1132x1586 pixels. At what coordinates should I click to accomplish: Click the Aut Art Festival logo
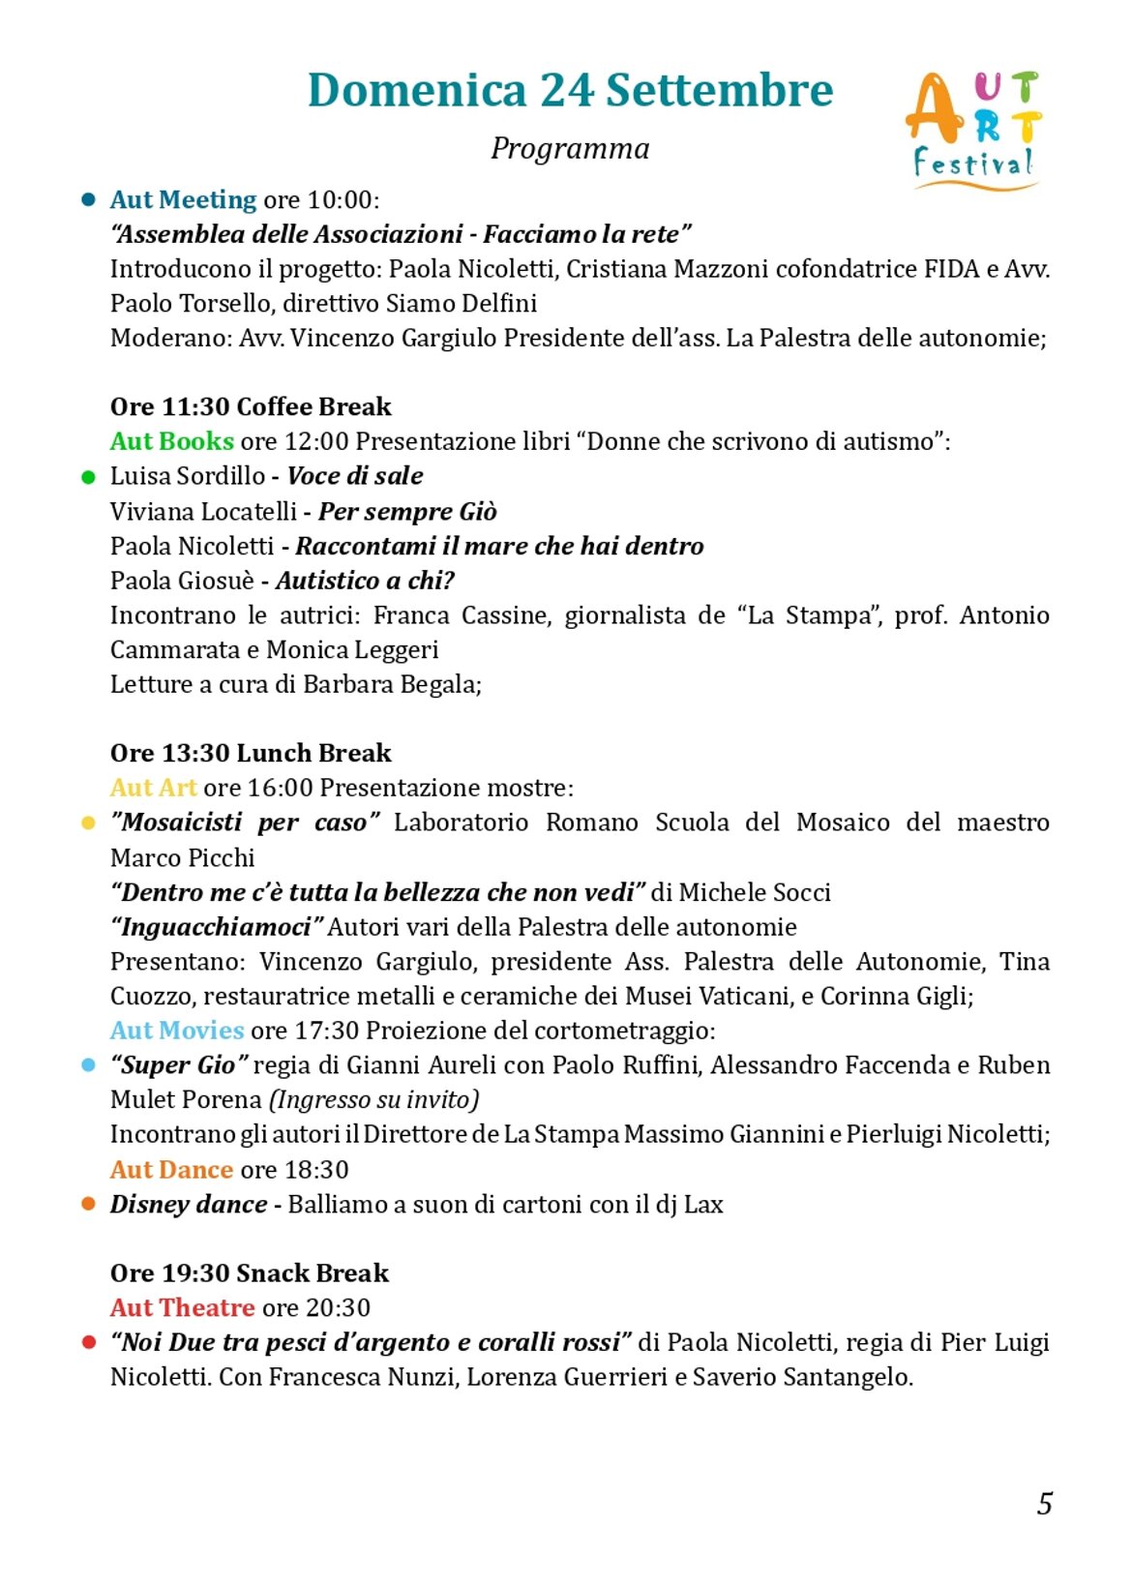tap(973, 130)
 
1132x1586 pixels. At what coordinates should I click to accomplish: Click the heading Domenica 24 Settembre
tap(570, 90)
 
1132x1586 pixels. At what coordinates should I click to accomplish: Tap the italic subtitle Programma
tap(570, 148)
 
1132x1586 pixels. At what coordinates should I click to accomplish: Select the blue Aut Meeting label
tap(183, 199)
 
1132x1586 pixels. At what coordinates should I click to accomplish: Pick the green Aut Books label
tap(171, 441)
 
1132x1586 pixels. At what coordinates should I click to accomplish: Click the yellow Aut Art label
tap(153, 788)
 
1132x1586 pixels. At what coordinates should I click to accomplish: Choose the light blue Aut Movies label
tap(176, 1031)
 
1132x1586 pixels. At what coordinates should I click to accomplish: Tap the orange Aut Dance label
tap(171, 1170)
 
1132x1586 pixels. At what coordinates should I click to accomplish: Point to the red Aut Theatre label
tap(182, 1308)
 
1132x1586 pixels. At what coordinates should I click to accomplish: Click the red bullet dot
tap(89, 1343)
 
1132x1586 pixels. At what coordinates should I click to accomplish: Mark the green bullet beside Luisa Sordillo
tap(89, 477)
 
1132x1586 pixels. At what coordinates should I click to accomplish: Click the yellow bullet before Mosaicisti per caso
tap(89, 823)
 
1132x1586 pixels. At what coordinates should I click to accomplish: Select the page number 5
tap(1045, 1504)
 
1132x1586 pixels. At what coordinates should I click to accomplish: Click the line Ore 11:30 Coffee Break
tap(251, 406)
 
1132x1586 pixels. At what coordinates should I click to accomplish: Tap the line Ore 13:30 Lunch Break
tap(251, 753)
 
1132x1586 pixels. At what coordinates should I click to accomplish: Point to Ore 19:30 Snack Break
tap(250, 1273)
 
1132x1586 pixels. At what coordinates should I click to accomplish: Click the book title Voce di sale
tap(355, 476)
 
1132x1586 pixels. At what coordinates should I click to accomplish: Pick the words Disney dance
tap(189, 1205)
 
